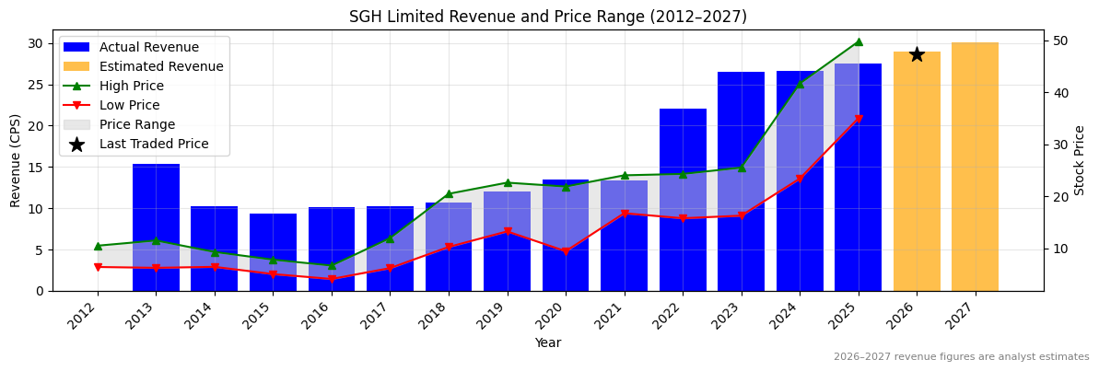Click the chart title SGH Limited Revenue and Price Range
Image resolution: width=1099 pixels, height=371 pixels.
[x=547, y=17]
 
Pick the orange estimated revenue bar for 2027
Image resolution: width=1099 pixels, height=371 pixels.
[x=975, y=166]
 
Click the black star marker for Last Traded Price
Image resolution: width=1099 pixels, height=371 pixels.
[x=917, y=54]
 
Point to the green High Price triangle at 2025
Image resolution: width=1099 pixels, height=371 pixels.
[x=859, y=41]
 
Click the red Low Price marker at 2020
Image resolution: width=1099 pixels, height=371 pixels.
[x=566, y=251]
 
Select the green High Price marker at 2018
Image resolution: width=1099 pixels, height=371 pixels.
[x=449, y=194]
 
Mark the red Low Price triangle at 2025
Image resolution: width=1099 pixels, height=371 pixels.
[x=859, y=119]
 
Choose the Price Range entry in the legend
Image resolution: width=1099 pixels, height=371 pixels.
[x=137, y=124]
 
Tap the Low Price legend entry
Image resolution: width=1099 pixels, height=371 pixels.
[x=130, y=105]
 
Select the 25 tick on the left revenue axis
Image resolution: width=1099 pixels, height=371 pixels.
[x=35, y=85]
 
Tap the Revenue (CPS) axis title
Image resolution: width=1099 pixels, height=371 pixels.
[x=16, y=160]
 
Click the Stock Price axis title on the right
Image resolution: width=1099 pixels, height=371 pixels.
[x=1080, y=160]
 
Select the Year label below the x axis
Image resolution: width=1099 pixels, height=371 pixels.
[x=547, y=342]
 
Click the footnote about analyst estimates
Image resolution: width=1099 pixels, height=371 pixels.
[x=961, y=357]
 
